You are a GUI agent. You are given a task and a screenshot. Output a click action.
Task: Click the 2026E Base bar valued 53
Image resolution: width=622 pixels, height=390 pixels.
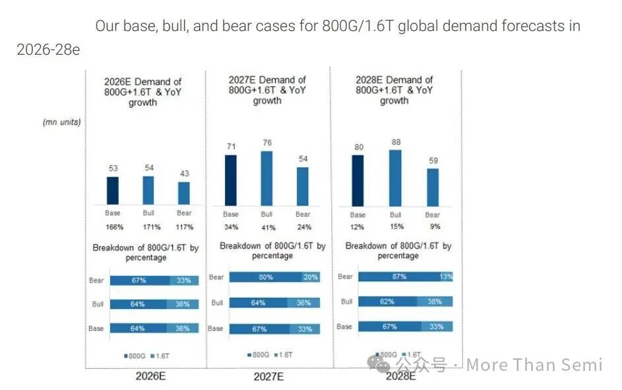(113, 190)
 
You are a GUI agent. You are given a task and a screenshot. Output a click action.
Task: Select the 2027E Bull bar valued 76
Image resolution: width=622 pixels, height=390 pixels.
(266, 179)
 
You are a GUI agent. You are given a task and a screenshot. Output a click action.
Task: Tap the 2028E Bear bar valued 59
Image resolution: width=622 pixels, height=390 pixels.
(432, 187)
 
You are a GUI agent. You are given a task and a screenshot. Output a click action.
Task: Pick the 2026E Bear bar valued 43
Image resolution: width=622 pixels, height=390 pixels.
(183, 193)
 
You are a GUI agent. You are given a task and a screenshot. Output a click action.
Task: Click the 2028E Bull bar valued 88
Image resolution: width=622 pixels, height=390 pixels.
(395, 178)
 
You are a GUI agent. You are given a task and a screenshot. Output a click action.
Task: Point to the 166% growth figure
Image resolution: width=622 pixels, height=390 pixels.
(113, 227)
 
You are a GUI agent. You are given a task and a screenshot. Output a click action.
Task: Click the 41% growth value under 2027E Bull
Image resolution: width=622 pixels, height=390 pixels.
(266, 228)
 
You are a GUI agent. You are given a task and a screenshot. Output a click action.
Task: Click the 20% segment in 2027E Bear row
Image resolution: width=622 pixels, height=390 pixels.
(311, 277)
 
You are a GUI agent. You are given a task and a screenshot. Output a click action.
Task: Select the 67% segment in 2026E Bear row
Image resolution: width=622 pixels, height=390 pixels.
(139, 280)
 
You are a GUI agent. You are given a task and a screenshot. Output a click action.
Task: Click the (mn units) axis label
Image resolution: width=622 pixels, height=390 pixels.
(61, 122)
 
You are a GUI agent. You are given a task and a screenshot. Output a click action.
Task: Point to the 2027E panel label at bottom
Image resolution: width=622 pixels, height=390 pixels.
(268, 377)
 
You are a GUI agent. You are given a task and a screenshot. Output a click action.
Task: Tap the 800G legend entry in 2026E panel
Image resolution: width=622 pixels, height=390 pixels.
(134, 356)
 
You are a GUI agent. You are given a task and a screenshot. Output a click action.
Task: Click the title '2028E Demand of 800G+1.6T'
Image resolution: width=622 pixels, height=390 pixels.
(394, 85)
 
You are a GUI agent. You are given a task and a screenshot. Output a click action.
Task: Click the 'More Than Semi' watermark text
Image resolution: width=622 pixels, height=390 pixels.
(534, 365)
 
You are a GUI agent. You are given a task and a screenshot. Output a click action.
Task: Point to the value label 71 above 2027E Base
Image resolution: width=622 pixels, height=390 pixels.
(230, 146)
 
